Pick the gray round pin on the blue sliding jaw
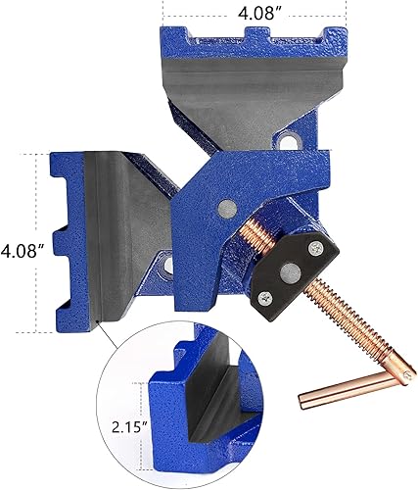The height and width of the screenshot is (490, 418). click(x=227, y=206)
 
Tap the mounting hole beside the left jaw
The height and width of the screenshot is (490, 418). click(x=163, y=263)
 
